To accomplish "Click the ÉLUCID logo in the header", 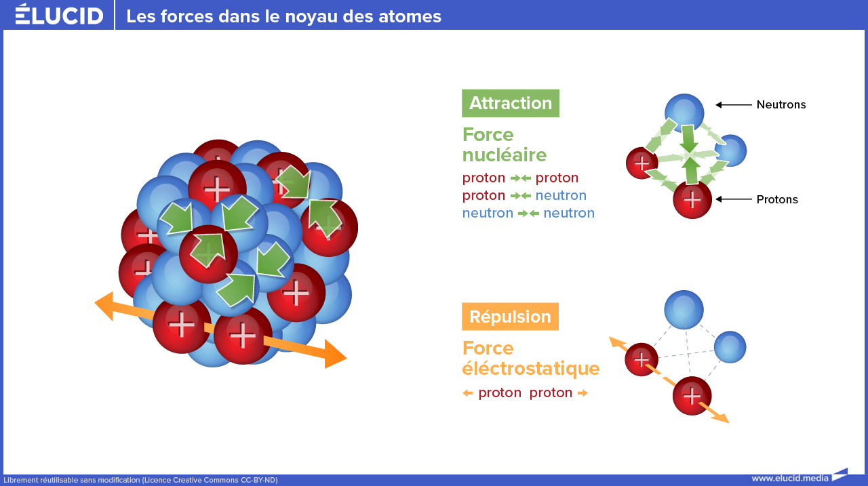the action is coord(59,14).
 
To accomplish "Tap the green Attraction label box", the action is coord(511,104).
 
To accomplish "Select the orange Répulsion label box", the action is coord(510,317).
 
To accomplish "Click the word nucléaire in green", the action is coord(505,155).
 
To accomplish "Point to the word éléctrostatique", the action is coord(531,368).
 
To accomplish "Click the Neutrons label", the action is coord(781,104).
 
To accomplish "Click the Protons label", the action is coord(777,199).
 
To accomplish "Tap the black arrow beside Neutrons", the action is coord(734,104).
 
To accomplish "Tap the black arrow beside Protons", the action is coord(734,199).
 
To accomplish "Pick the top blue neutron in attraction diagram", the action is coord(684,113).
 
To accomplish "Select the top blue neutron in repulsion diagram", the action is coord(684,309).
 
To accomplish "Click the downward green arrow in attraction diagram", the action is coord(688,138).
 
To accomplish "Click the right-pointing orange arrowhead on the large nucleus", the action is coord(335,354).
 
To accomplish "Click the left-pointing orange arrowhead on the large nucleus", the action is coord(104,306).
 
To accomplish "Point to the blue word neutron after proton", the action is coord(561,196).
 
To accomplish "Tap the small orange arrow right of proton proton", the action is coord(583,393).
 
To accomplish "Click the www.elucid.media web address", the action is coord(790,479).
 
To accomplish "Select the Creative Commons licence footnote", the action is coord(140,480).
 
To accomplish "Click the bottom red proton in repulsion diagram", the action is coord(692,396).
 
